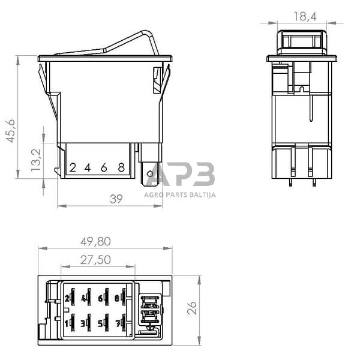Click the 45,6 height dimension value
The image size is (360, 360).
pos(11,131)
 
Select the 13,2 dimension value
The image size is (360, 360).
pos(36,160)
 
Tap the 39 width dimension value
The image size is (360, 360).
pos(116,199)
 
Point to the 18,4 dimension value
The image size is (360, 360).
pos(305,17)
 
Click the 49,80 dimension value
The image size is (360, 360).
pos(95,242)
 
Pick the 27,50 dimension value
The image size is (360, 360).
pos(95,260)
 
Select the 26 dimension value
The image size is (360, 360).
pos(192,308)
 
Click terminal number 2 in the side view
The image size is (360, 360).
pos(73,168)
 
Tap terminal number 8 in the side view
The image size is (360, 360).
pos(121,167)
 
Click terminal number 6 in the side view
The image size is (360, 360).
pos(104,168)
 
